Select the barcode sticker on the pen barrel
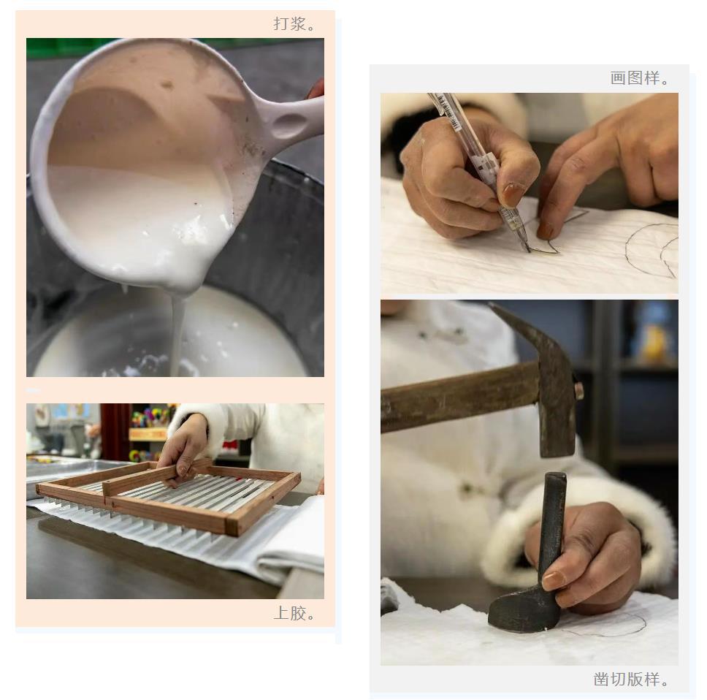(x=445, y=111)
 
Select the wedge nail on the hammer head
(x=579, y=391)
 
